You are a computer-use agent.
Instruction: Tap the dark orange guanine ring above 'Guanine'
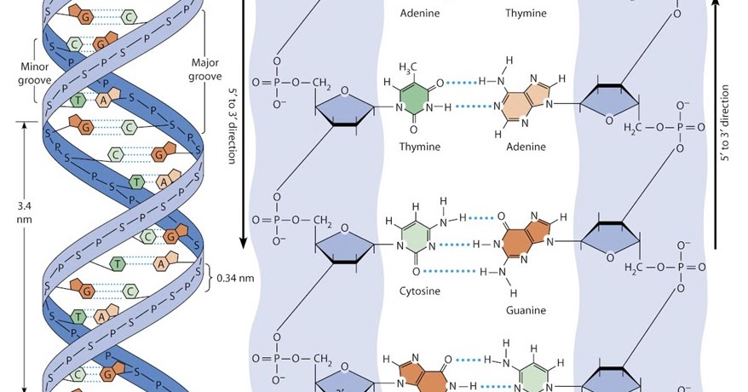[520, 233]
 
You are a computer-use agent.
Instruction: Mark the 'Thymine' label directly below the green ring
[421, 147]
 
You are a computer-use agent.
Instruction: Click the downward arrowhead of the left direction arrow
[245, 242]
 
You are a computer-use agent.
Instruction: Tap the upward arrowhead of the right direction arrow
[716, 9]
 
